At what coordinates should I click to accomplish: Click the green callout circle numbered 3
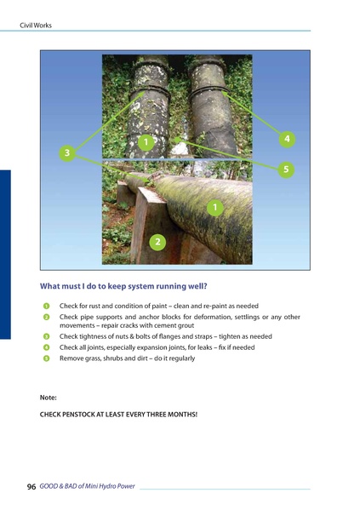pos(66,152)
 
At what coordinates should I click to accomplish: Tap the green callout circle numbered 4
pos(288,137)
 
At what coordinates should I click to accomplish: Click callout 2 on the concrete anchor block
pos(157,243)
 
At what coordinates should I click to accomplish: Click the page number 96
pos(31,487)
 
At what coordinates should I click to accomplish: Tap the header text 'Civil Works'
pos(36,26)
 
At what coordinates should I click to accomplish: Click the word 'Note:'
pos(49,397)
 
